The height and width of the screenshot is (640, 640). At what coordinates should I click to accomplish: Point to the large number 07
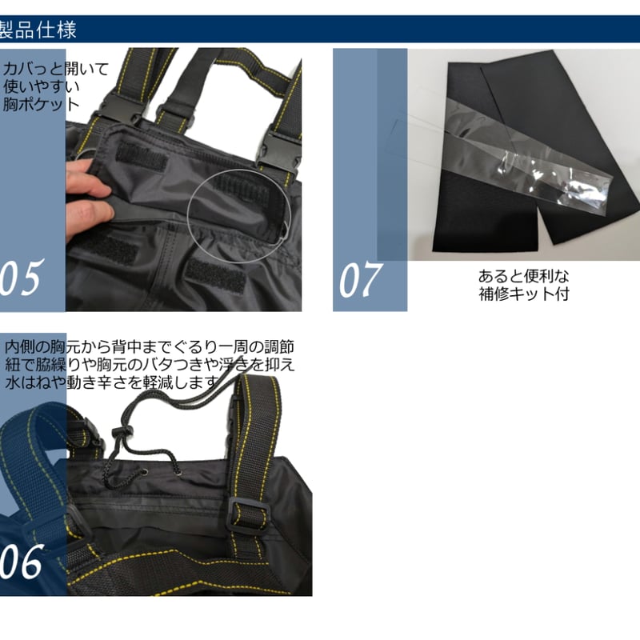pos(361,279)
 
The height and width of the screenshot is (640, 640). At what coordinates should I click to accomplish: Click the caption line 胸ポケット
pos(40,103)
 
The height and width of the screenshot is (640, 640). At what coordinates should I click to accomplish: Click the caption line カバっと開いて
pos(55,69)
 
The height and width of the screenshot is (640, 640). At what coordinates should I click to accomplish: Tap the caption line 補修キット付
pos(523,294)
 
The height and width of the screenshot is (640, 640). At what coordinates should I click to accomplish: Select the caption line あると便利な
pos(523,276)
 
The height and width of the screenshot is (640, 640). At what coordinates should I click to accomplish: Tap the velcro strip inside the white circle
pos(240,193)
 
